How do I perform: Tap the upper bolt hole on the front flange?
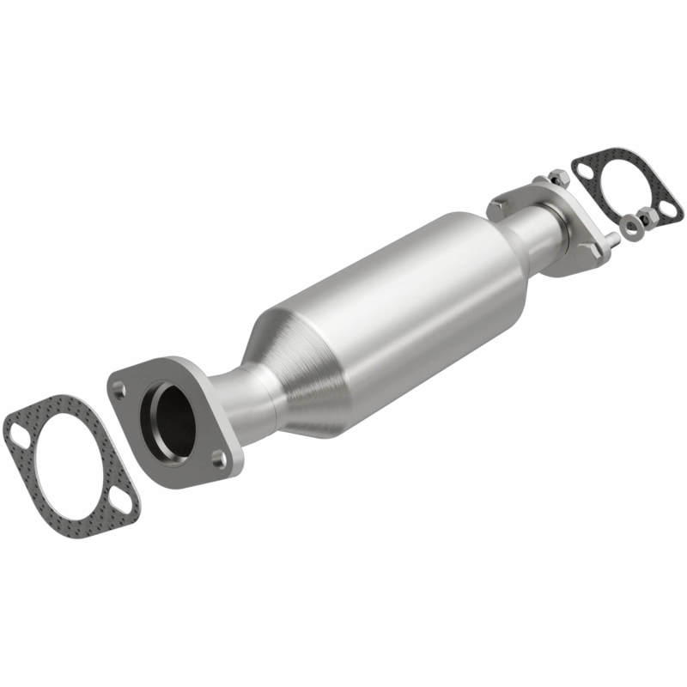pyautogui.click(x=119, y=389)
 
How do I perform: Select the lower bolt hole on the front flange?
pyautogui.click(x=219, y=459)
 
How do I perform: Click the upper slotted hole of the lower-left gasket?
pyautogui.click(x=18, y=436)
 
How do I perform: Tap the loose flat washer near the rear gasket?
pyautogui.click(x=632, y=228)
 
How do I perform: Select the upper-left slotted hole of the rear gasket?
pyautogui.click(x=585, y=171)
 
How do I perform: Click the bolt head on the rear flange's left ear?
pyautogui.click(x=498, y=206)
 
